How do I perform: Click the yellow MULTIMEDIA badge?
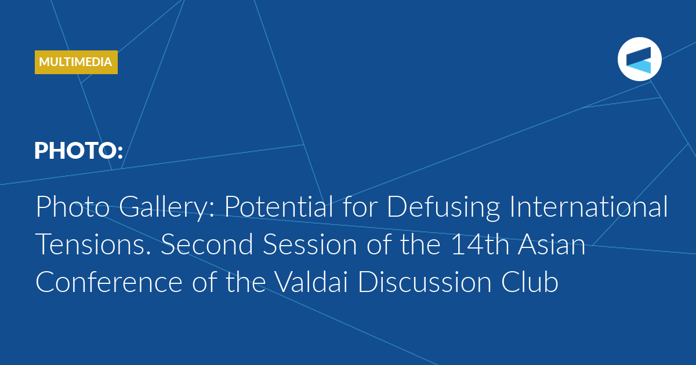(x=76, y=62)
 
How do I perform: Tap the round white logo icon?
(x=639, y=59)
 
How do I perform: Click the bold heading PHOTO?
(x=79, y=151)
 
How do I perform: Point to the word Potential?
(x=279, y=206)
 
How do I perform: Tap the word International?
(x=589, y=206)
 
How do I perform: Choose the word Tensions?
(x=93, y=244)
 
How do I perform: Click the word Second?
(x=207, y=244)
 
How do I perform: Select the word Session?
(x=310, y=244)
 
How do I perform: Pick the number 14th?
(x=480, y=244)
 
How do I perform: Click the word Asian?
(x=552, y=244)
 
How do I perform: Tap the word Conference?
(x=109, y=282)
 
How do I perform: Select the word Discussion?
(x=425, y=282)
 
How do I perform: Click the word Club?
(x=530, y=282)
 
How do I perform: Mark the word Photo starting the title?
(x=72, y=206)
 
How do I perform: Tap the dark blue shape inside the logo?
(x=639, y=55)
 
